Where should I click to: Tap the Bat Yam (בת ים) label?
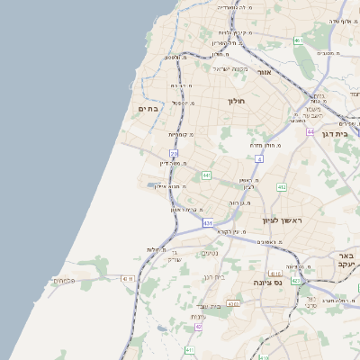coord(147,108)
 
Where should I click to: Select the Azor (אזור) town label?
coord(264,72)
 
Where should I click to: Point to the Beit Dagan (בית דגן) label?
coord(334,132)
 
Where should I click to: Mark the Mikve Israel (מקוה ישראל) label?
coord(229,68)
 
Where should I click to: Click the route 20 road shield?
coord(174,154)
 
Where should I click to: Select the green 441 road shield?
coord(206,175)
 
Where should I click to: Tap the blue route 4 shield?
coord(259,158)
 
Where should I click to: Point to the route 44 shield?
coord(310,131)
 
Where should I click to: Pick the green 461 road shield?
coord(298,40)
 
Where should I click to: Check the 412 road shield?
coord(282,187)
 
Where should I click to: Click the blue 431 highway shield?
coord(208,222)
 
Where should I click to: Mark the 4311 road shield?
coord(128,279)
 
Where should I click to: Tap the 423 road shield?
coord(296,280)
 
